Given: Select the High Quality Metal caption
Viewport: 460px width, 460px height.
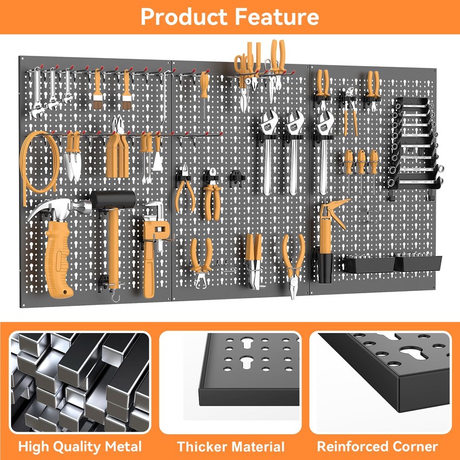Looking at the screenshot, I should click(80, 446).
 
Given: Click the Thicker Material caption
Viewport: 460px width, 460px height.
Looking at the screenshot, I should click(231, 446).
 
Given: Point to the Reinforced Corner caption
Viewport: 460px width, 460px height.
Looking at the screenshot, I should click(378, 446).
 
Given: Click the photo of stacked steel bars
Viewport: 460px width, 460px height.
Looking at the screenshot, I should click(80, 382).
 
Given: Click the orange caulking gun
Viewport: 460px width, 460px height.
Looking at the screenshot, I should click(327, 230).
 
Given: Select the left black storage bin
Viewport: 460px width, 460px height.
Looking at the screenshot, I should click(368, 264).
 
